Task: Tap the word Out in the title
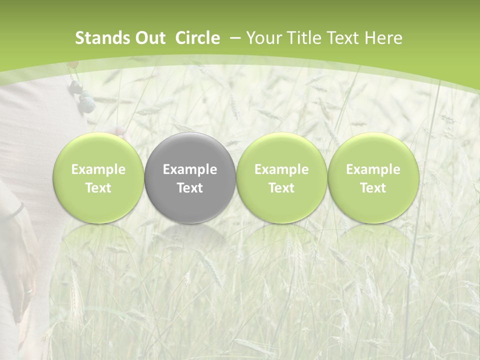149,38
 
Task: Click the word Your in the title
263,38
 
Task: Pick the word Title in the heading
303,38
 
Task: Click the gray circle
190,178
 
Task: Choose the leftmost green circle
98,178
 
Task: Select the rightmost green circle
373,178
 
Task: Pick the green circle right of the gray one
281,178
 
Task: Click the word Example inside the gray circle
190,169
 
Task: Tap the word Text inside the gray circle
190,188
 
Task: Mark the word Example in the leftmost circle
98,169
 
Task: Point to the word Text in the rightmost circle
373,188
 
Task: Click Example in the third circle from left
281,169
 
